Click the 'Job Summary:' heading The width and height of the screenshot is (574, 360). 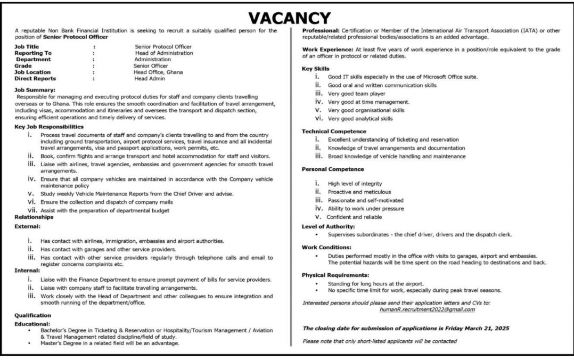[35, 91]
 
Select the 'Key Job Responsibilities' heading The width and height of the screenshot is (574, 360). [49, 127]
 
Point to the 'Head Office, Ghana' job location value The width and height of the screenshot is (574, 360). [158, 72]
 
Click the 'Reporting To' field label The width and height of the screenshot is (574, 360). [33, 53]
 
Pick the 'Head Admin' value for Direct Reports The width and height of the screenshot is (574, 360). [150, 78]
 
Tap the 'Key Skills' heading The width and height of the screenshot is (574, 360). [316, 69]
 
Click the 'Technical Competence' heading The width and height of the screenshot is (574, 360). [334, 131]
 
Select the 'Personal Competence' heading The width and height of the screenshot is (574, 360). [333, 169]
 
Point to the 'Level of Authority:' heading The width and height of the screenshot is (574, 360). [328, 226]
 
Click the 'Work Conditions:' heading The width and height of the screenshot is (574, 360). [326, 248]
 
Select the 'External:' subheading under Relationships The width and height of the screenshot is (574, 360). [28, 226]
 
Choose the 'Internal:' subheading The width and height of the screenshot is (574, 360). [27, 271]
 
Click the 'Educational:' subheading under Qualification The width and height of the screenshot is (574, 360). [32, 323]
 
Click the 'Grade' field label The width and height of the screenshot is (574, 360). [23, 66]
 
